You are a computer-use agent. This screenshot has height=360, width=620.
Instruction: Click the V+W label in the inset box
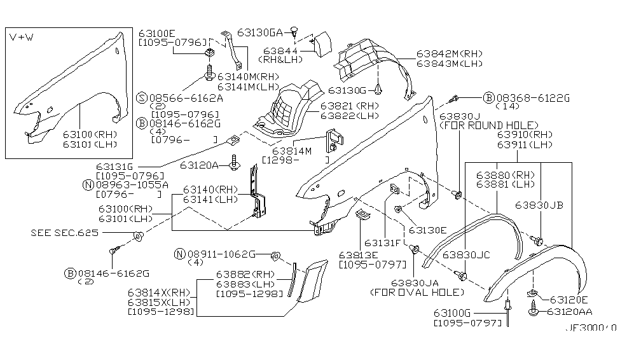point(22,39)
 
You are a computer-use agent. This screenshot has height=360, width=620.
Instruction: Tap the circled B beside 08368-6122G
point(488,97)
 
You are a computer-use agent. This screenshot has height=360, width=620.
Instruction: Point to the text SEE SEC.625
point(64,233)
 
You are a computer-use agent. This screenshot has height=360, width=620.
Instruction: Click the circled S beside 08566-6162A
point(142,98)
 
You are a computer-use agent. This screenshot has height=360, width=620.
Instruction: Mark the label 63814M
point(293,151)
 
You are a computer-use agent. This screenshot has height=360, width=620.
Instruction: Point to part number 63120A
point(199,165)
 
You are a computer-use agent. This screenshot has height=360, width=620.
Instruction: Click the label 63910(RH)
point(525,135)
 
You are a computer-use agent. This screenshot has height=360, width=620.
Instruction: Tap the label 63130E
point(428,230)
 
